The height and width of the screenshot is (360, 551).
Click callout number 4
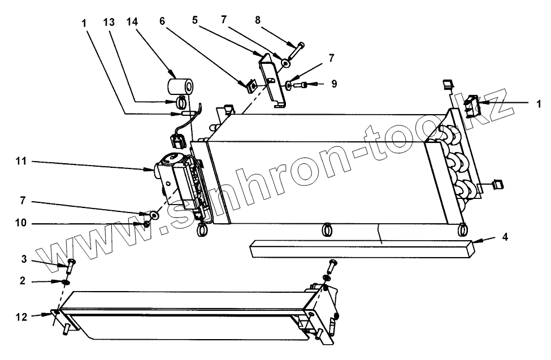(x=505, y=237)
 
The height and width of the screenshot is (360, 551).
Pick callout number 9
(x=335, y=84)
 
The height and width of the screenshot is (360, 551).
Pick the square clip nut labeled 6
(x=251, y=86)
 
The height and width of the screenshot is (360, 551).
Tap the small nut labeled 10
(x=146, y=224)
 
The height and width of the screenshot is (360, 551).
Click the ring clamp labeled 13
(x=181, y=103)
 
